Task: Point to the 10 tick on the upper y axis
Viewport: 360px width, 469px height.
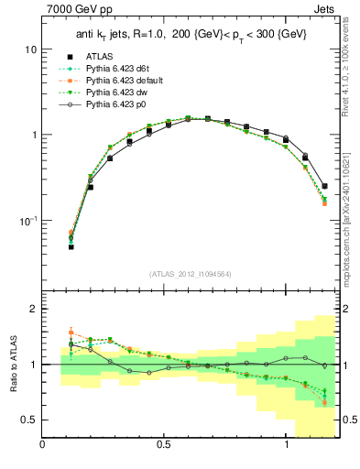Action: (x=30, y=49)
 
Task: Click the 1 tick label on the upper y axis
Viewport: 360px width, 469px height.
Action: (x=33, y=135)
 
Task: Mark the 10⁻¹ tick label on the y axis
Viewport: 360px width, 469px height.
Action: (x=28, y=221)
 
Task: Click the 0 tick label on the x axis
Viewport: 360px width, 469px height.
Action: (x=43, y=445)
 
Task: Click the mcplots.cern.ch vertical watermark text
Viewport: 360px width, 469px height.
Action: (x=350, y=206)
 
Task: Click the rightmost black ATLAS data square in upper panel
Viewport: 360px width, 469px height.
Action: (x=324, y=186)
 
